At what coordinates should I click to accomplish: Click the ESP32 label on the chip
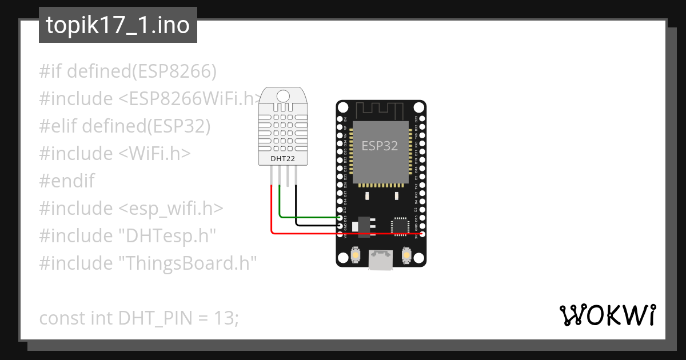(380, 146)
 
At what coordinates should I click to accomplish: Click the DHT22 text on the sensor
(282, 158)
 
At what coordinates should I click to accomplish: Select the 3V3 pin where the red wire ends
(422, 233)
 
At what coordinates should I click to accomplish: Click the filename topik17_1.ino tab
(118, 26)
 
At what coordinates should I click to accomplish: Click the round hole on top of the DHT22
(282, 94)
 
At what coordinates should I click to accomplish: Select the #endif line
(67, 181)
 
